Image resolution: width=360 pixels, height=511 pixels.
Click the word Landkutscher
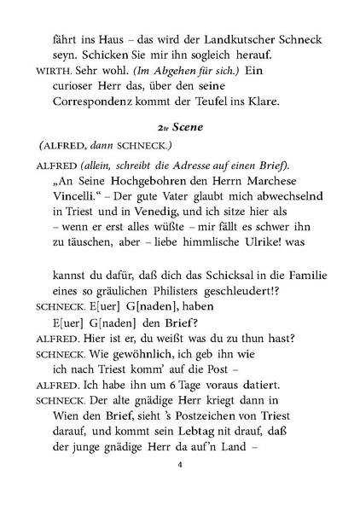pos(214,38)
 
